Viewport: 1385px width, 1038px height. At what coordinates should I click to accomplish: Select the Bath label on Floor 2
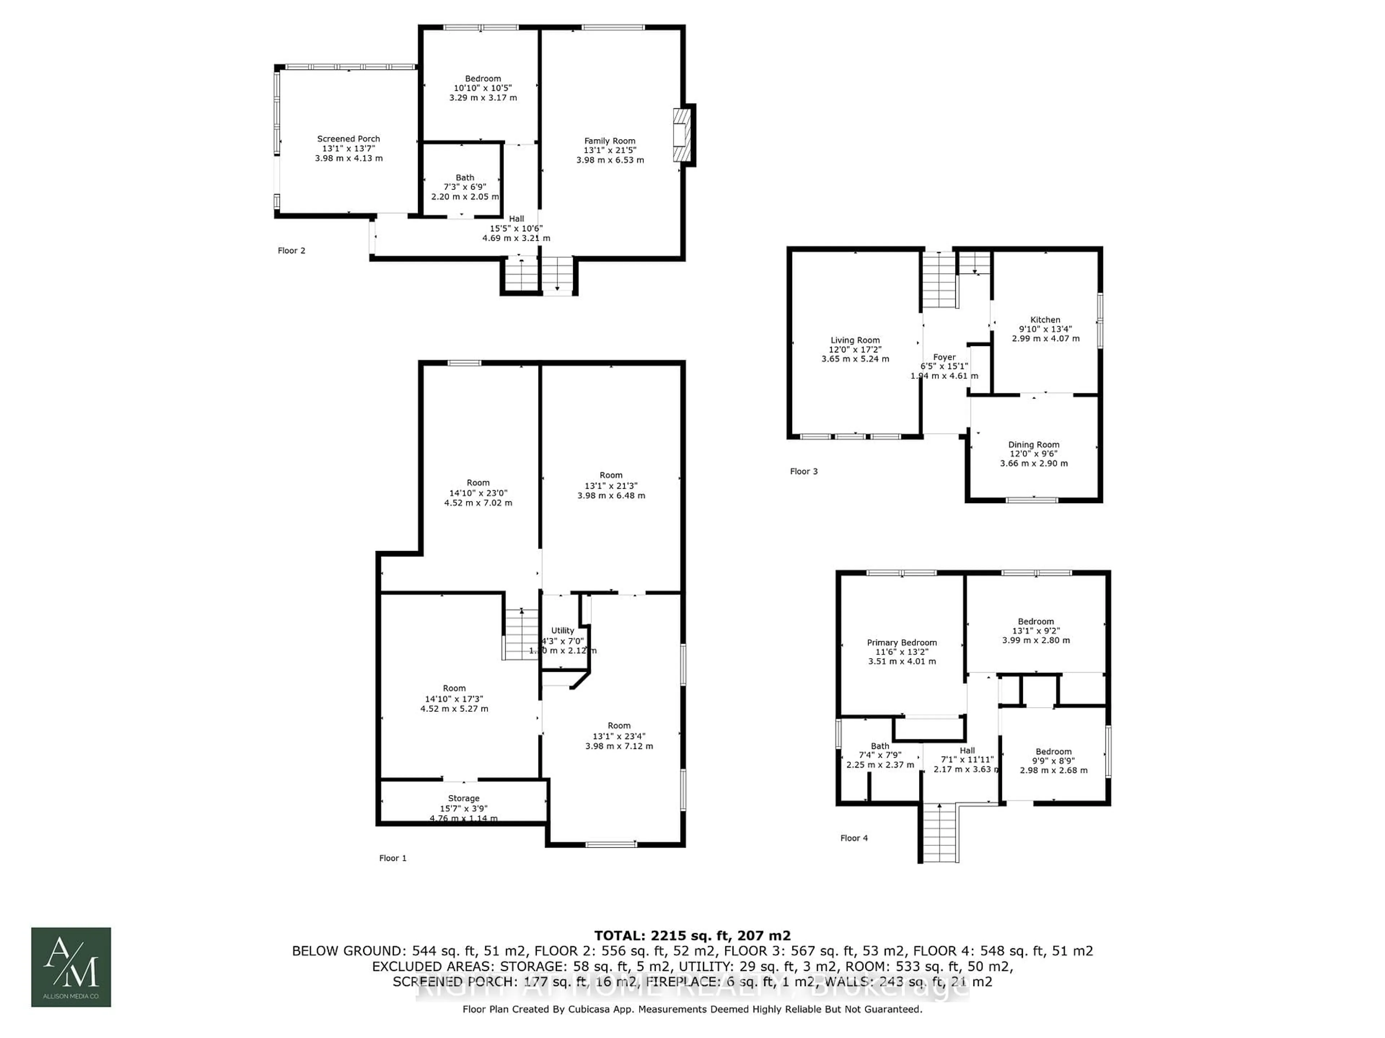coord(465,178)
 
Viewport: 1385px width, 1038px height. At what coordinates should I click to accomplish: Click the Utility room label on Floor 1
coord(562,631)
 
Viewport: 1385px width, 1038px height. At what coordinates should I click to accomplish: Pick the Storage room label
coord(463,798)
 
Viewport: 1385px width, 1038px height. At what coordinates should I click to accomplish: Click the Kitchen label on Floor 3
coord(1045,320)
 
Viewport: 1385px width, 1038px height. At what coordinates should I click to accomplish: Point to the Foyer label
coord(944,357)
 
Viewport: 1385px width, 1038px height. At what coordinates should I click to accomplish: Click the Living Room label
coord(855,340)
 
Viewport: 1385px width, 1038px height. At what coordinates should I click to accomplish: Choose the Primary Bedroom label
coord(902,643)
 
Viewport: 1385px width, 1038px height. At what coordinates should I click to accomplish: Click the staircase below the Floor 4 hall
coord(939,832)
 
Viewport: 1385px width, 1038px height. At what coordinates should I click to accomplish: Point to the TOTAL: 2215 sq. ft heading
coord(692,935)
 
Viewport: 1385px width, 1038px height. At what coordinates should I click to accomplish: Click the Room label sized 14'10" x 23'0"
coord(478,483)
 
